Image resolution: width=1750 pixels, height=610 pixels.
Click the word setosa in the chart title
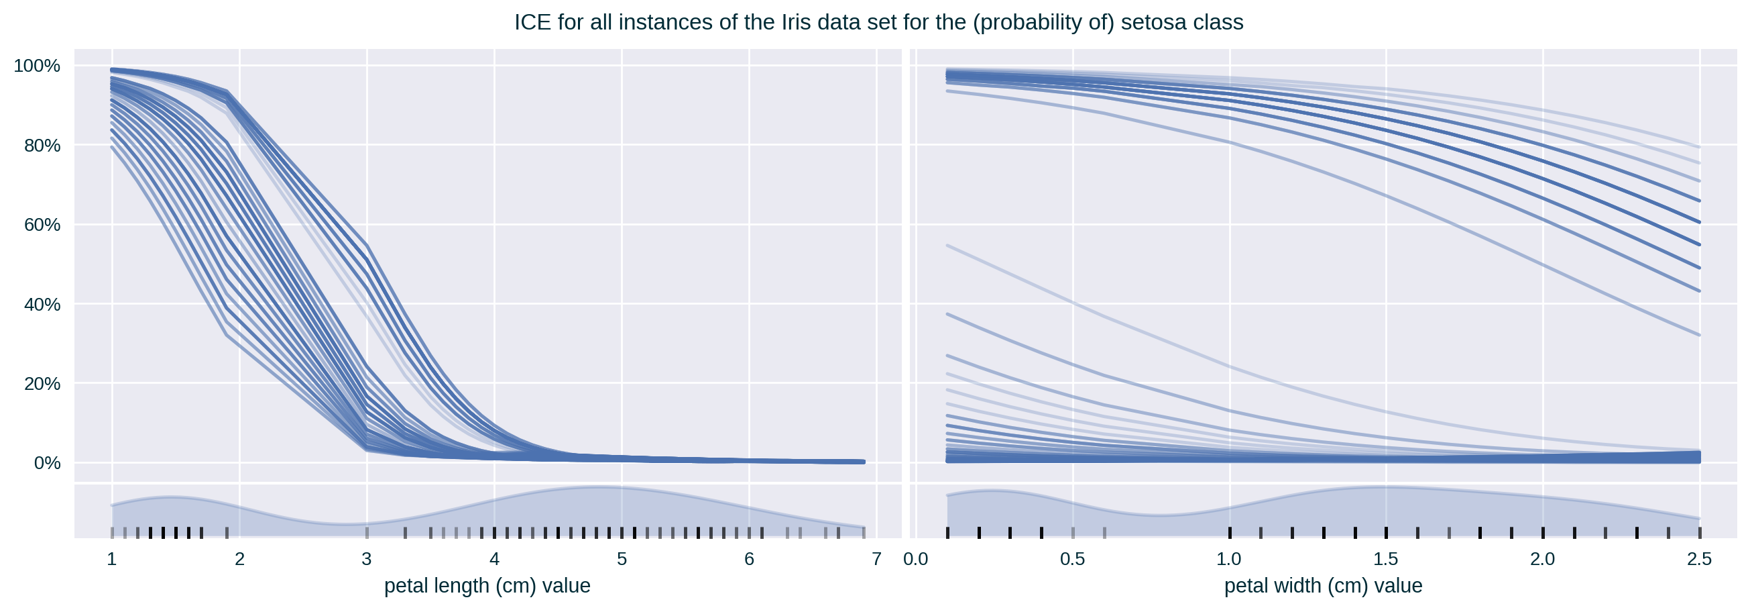(1149, 22)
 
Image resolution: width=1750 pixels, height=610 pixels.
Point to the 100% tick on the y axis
(38, 66)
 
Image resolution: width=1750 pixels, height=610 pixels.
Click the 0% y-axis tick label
(47, 463)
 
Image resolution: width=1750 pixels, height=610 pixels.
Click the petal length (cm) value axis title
(487, 586)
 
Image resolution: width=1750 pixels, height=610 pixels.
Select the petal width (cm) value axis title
(1323, 586)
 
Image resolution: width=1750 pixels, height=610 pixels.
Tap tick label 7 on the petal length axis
(876, 559)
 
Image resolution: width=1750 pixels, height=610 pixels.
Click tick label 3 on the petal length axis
(367, 559)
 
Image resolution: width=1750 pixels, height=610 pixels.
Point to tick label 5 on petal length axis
(622, 559)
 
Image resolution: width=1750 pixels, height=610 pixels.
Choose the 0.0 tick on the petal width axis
(916, 559)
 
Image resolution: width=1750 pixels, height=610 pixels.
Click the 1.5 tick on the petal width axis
(1386, 559)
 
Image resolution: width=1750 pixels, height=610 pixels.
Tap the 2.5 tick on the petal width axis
(1699, 559)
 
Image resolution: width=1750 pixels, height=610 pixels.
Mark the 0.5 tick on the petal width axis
(1073, 559)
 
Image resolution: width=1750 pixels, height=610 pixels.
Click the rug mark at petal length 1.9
(227, 532)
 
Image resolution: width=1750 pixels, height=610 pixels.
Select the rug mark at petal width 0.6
(1104, 532)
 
